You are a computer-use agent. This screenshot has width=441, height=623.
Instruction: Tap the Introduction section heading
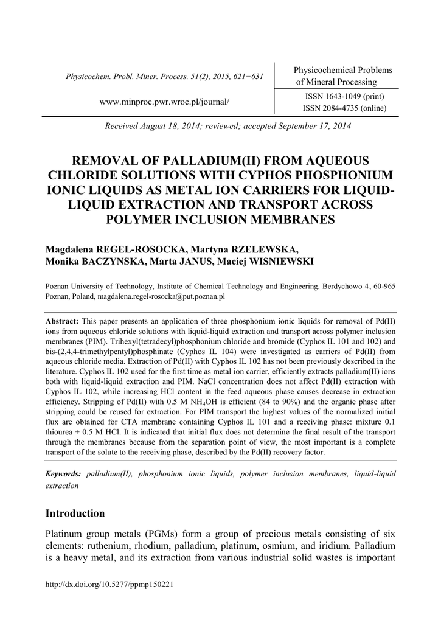(x=75, y=513)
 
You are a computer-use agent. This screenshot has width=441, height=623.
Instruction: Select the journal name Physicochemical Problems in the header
(x=343, y=70)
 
